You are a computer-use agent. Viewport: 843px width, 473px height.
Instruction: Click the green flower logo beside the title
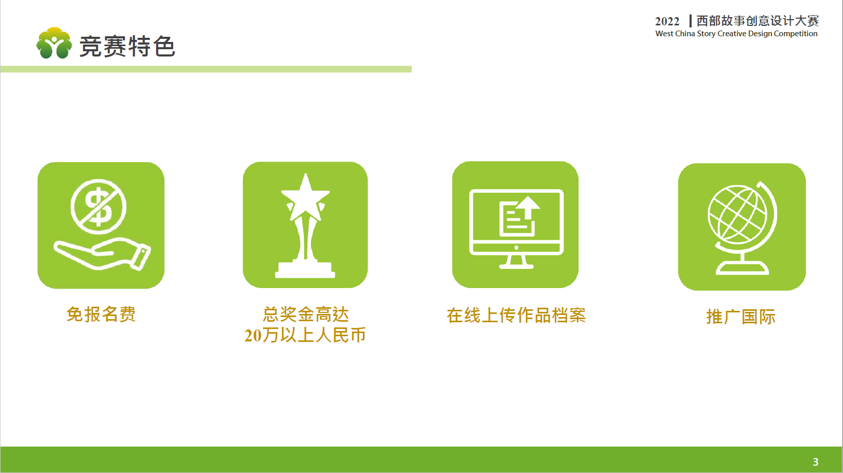click(54, 43)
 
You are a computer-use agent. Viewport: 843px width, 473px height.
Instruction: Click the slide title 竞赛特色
click(127, 46)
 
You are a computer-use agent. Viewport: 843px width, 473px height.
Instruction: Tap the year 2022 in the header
click(667, 21)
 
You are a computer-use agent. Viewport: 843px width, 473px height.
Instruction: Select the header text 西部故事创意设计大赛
click(757, 21)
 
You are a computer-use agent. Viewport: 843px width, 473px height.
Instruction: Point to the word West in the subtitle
click(664, 34)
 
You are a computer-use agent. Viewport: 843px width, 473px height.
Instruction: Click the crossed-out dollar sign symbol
click(99, 206)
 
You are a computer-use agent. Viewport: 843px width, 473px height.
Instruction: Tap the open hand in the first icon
click(102, 254)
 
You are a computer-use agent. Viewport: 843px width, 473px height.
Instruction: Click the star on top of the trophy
click(305, 197)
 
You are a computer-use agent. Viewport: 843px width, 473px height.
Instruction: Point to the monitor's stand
click(516, 262)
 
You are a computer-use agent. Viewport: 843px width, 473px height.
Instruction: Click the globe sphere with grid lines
click(737, 214)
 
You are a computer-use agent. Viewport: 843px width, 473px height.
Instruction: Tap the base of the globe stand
click(742, 268)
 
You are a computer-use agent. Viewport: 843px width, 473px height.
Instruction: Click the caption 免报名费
click(101, 314)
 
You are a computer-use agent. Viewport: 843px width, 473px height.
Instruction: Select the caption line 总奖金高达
click(305, 314)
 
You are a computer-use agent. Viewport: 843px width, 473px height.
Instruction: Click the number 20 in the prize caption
click(253, 335)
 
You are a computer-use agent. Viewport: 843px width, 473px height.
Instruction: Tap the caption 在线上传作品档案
click(516, 316)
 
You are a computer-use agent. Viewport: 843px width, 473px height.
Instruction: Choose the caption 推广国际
click(741, 317)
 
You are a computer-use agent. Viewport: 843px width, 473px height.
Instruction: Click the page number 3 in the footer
click(816, 462)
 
